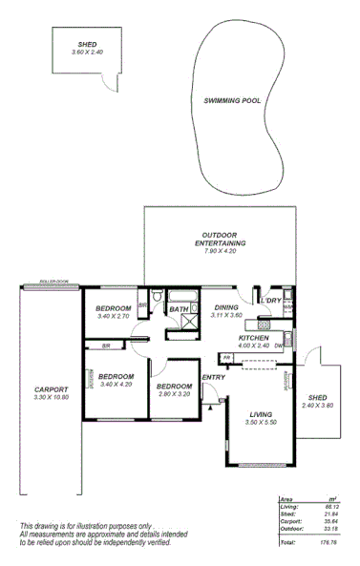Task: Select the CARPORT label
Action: click(x=51, y=388)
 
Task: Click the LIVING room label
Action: click(x=261, y=413)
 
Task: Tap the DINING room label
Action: click(x=226, y=307)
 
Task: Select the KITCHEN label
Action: click(x=253, y=338)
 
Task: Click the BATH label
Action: click(x=179, y=309)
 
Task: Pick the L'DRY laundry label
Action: click(x=271, y=301)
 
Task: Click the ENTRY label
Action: click(x=213, y=376)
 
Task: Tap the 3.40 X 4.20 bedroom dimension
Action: click(x=116, y=384)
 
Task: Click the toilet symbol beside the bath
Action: click(x=157, y=296)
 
